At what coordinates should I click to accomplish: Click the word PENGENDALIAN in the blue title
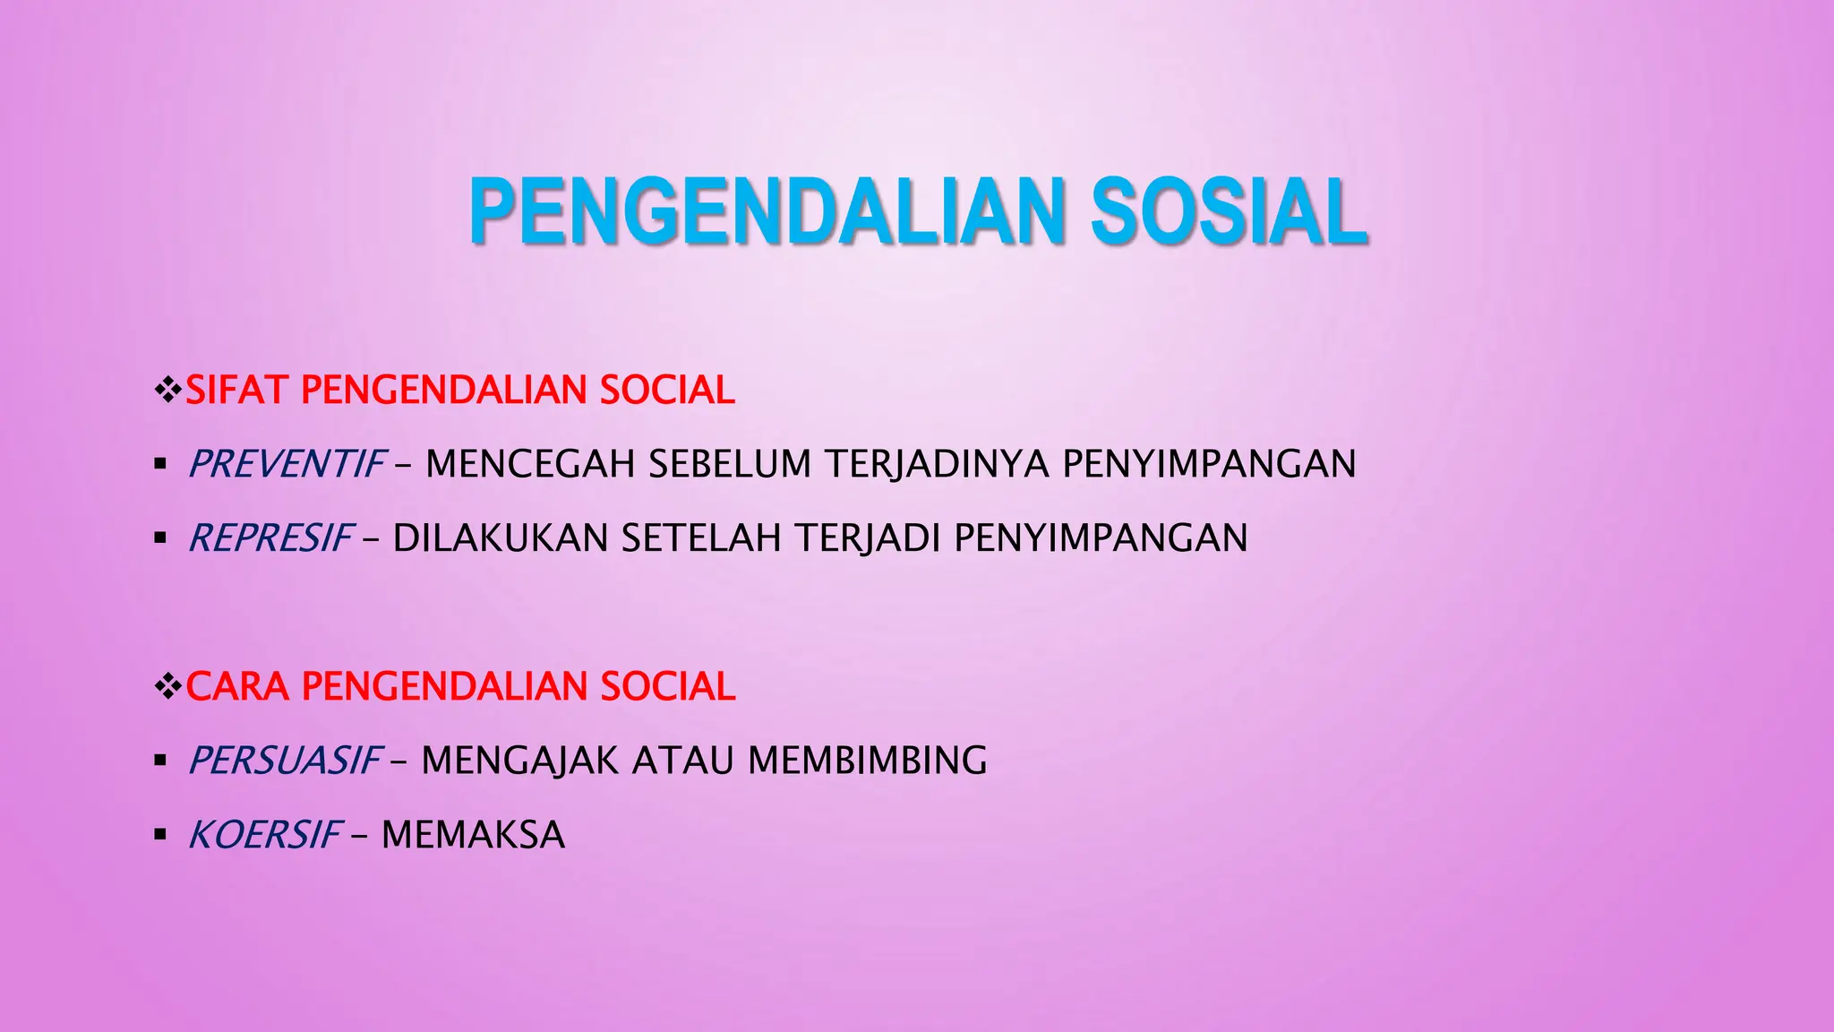click(766, 212)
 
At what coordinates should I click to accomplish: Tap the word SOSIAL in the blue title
click(1228, 212)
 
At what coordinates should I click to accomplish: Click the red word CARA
click(237, 687)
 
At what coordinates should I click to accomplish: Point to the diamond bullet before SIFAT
click(167, 391)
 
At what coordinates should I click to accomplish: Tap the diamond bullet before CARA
click(167, 687)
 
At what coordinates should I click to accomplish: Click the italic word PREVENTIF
click(287, 464)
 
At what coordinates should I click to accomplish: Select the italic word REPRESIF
click(271, 538)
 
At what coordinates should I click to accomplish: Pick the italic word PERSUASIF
click(286, 761)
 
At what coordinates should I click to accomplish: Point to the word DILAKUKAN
click(501, 538)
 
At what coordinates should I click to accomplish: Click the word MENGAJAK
click(520, 761)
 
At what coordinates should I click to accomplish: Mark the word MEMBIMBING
click(867, 761)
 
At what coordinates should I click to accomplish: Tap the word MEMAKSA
click(473, 835)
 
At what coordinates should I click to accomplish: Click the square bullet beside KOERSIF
click(160, 835)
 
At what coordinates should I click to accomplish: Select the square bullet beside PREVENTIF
click(160, 464)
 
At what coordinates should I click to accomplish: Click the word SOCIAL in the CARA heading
click(667, 687)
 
